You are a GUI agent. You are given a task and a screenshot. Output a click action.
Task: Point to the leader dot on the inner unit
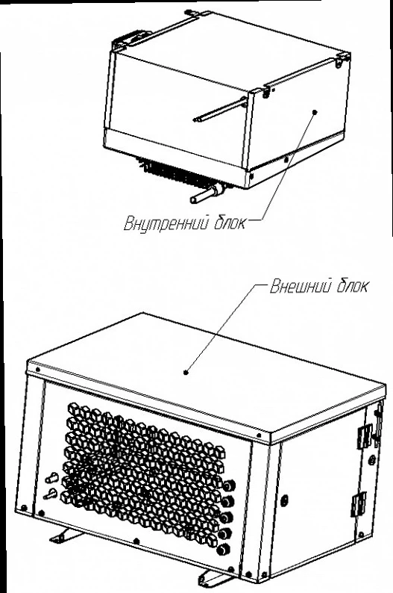tap(315, 111)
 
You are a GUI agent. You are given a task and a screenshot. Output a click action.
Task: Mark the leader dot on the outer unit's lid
tap(186, 372)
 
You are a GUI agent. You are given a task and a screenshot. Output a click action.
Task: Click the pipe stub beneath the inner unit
tap(206, 193)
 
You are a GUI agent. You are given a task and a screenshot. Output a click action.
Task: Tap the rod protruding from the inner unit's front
tap(220, 111)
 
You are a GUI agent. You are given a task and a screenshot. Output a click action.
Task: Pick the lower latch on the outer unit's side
tap(359, 504)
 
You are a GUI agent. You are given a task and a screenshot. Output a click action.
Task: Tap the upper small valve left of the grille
tap(51, 479)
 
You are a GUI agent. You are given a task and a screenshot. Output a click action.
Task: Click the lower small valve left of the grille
tap(50, 494)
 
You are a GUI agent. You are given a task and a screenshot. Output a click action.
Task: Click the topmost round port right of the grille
tap(229, 485)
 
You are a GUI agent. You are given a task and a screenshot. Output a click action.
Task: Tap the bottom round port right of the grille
tap(225, 548)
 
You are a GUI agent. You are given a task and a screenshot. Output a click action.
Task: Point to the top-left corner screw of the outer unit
tap(37, 369)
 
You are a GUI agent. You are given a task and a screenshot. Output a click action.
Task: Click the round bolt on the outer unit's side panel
tap(284, 499)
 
